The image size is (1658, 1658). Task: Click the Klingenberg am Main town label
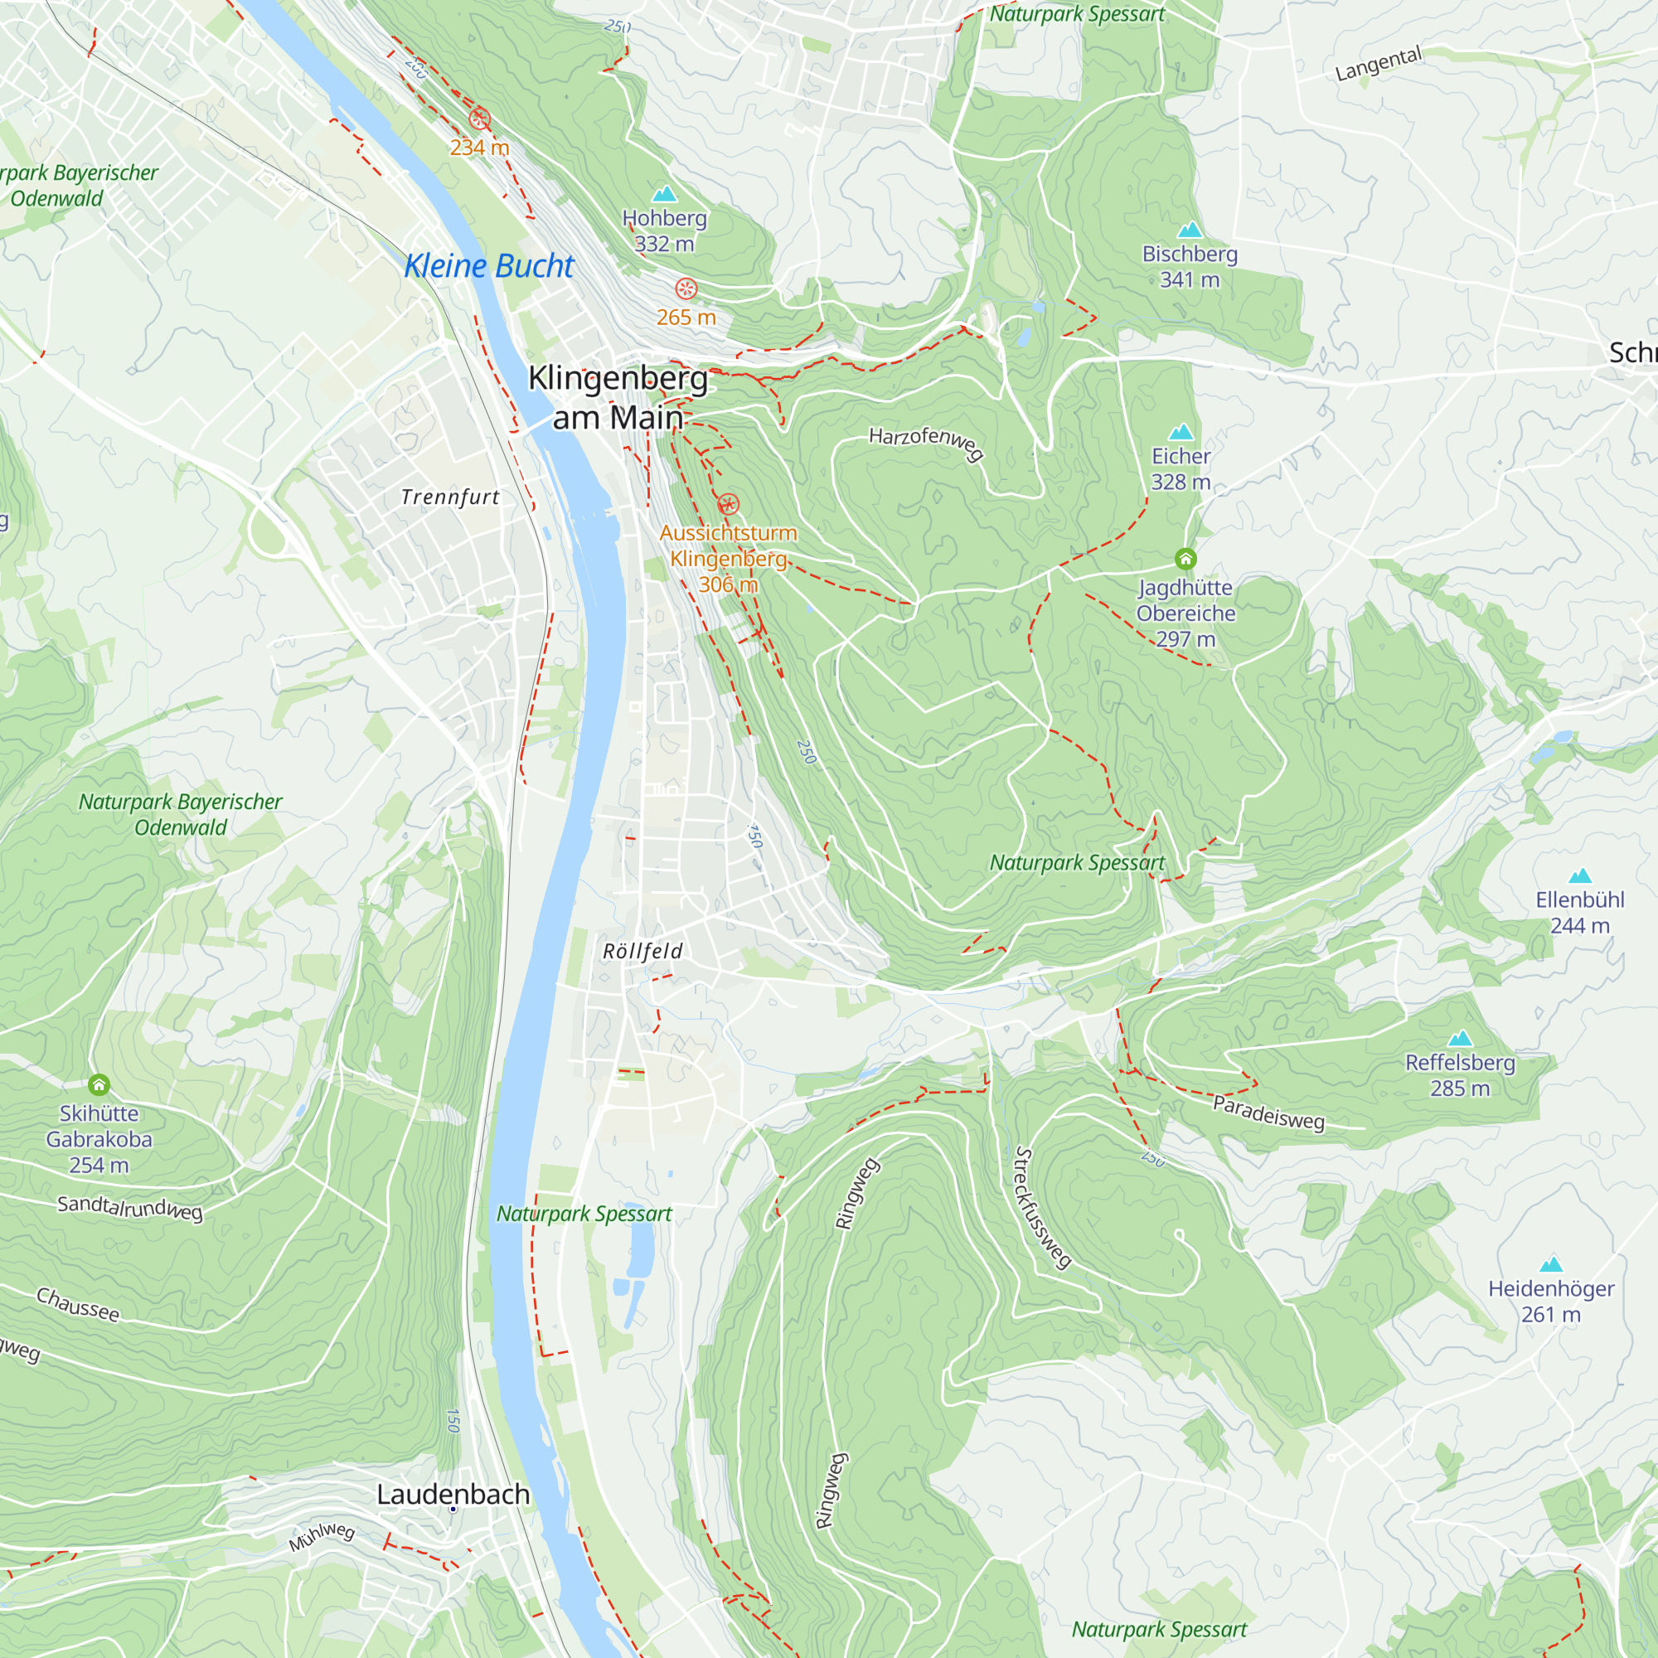tap(618, 397)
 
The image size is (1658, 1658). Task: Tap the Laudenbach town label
tap(453, 1494)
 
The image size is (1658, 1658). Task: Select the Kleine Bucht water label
tap(488, 266)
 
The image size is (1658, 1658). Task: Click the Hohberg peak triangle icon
tap(664, 194)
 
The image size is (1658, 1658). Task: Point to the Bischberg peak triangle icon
tap(1190, 230)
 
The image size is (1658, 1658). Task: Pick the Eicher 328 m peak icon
tap(1180, 432)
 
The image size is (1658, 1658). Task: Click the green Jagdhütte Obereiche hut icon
tap(1185, 560)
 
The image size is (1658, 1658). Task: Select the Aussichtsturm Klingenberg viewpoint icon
tap(728, 504)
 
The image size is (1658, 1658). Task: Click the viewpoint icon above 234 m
tap(480, 119)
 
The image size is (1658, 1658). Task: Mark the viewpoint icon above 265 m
tap(686, 288)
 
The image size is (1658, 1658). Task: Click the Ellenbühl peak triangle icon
tap(1580, 876)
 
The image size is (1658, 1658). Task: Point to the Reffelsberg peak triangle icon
tap(1460, 1039)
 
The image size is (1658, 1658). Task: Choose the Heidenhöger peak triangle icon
tap(1551, 1264)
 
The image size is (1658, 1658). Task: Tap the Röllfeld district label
tap(642, 951)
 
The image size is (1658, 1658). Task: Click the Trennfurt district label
tap(449, 497)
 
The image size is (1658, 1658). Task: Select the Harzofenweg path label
tap(926, 442)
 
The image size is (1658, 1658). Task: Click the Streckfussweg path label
tap(1043, 1208)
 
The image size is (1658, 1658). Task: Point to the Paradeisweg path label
tap(1268, 1113)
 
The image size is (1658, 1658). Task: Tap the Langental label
tap(1379, 65)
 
